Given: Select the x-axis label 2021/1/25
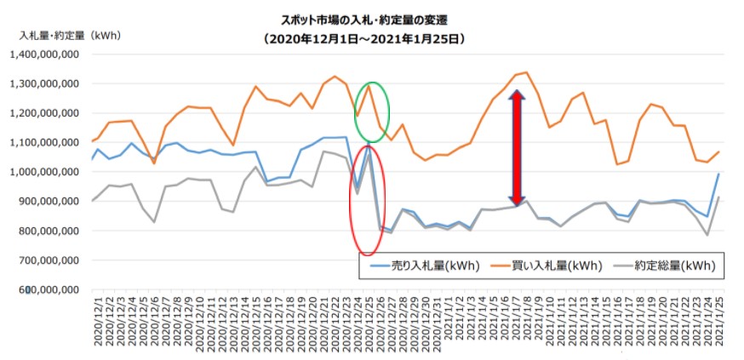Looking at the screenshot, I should (x=719, y=322).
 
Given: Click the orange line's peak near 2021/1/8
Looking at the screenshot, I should (x=526, y=72).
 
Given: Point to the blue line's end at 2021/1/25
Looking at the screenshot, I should (x=718, y=174).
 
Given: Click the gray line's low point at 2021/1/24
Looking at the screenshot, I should (x=707, y=235).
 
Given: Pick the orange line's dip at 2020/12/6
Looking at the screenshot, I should (x=154, y=163).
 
